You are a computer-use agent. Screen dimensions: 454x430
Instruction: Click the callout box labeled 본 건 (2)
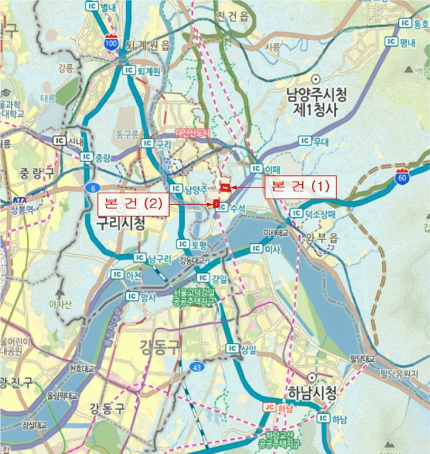[132, 205]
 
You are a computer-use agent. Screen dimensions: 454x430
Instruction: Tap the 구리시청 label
[120, 222]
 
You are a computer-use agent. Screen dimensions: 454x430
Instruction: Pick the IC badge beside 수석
[222, 208]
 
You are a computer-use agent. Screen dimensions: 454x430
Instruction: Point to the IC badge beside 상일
[232, 349]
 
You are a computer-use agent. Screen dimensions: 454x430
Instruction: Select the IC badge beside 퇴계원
[128, 70]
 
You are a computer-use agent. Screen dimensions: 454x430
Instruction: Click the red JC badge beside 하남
[269, 407]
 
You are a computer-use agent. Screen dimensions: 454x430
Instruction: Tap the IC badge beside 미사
[257, 249]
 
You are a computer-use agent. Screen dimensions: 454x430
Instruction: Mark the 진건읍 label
[233, 16]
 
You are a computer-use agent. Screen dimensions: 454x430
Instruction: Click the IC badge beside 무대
[303, 141]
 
